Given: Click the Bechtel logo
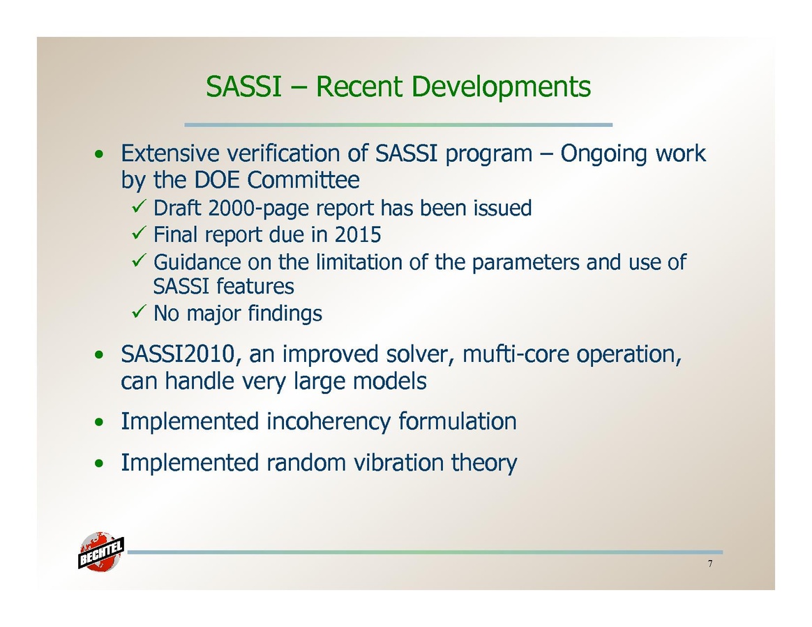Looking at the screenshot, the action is pos(101,552).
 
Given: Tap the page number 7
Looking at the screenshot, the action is pos(710,564).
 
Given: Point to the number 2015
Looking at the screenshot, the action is pos(358,234).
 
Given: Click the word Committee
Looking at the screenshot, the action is pos(303,180).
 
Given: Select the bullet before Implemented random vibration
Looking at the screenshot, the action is pos(99,463).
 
